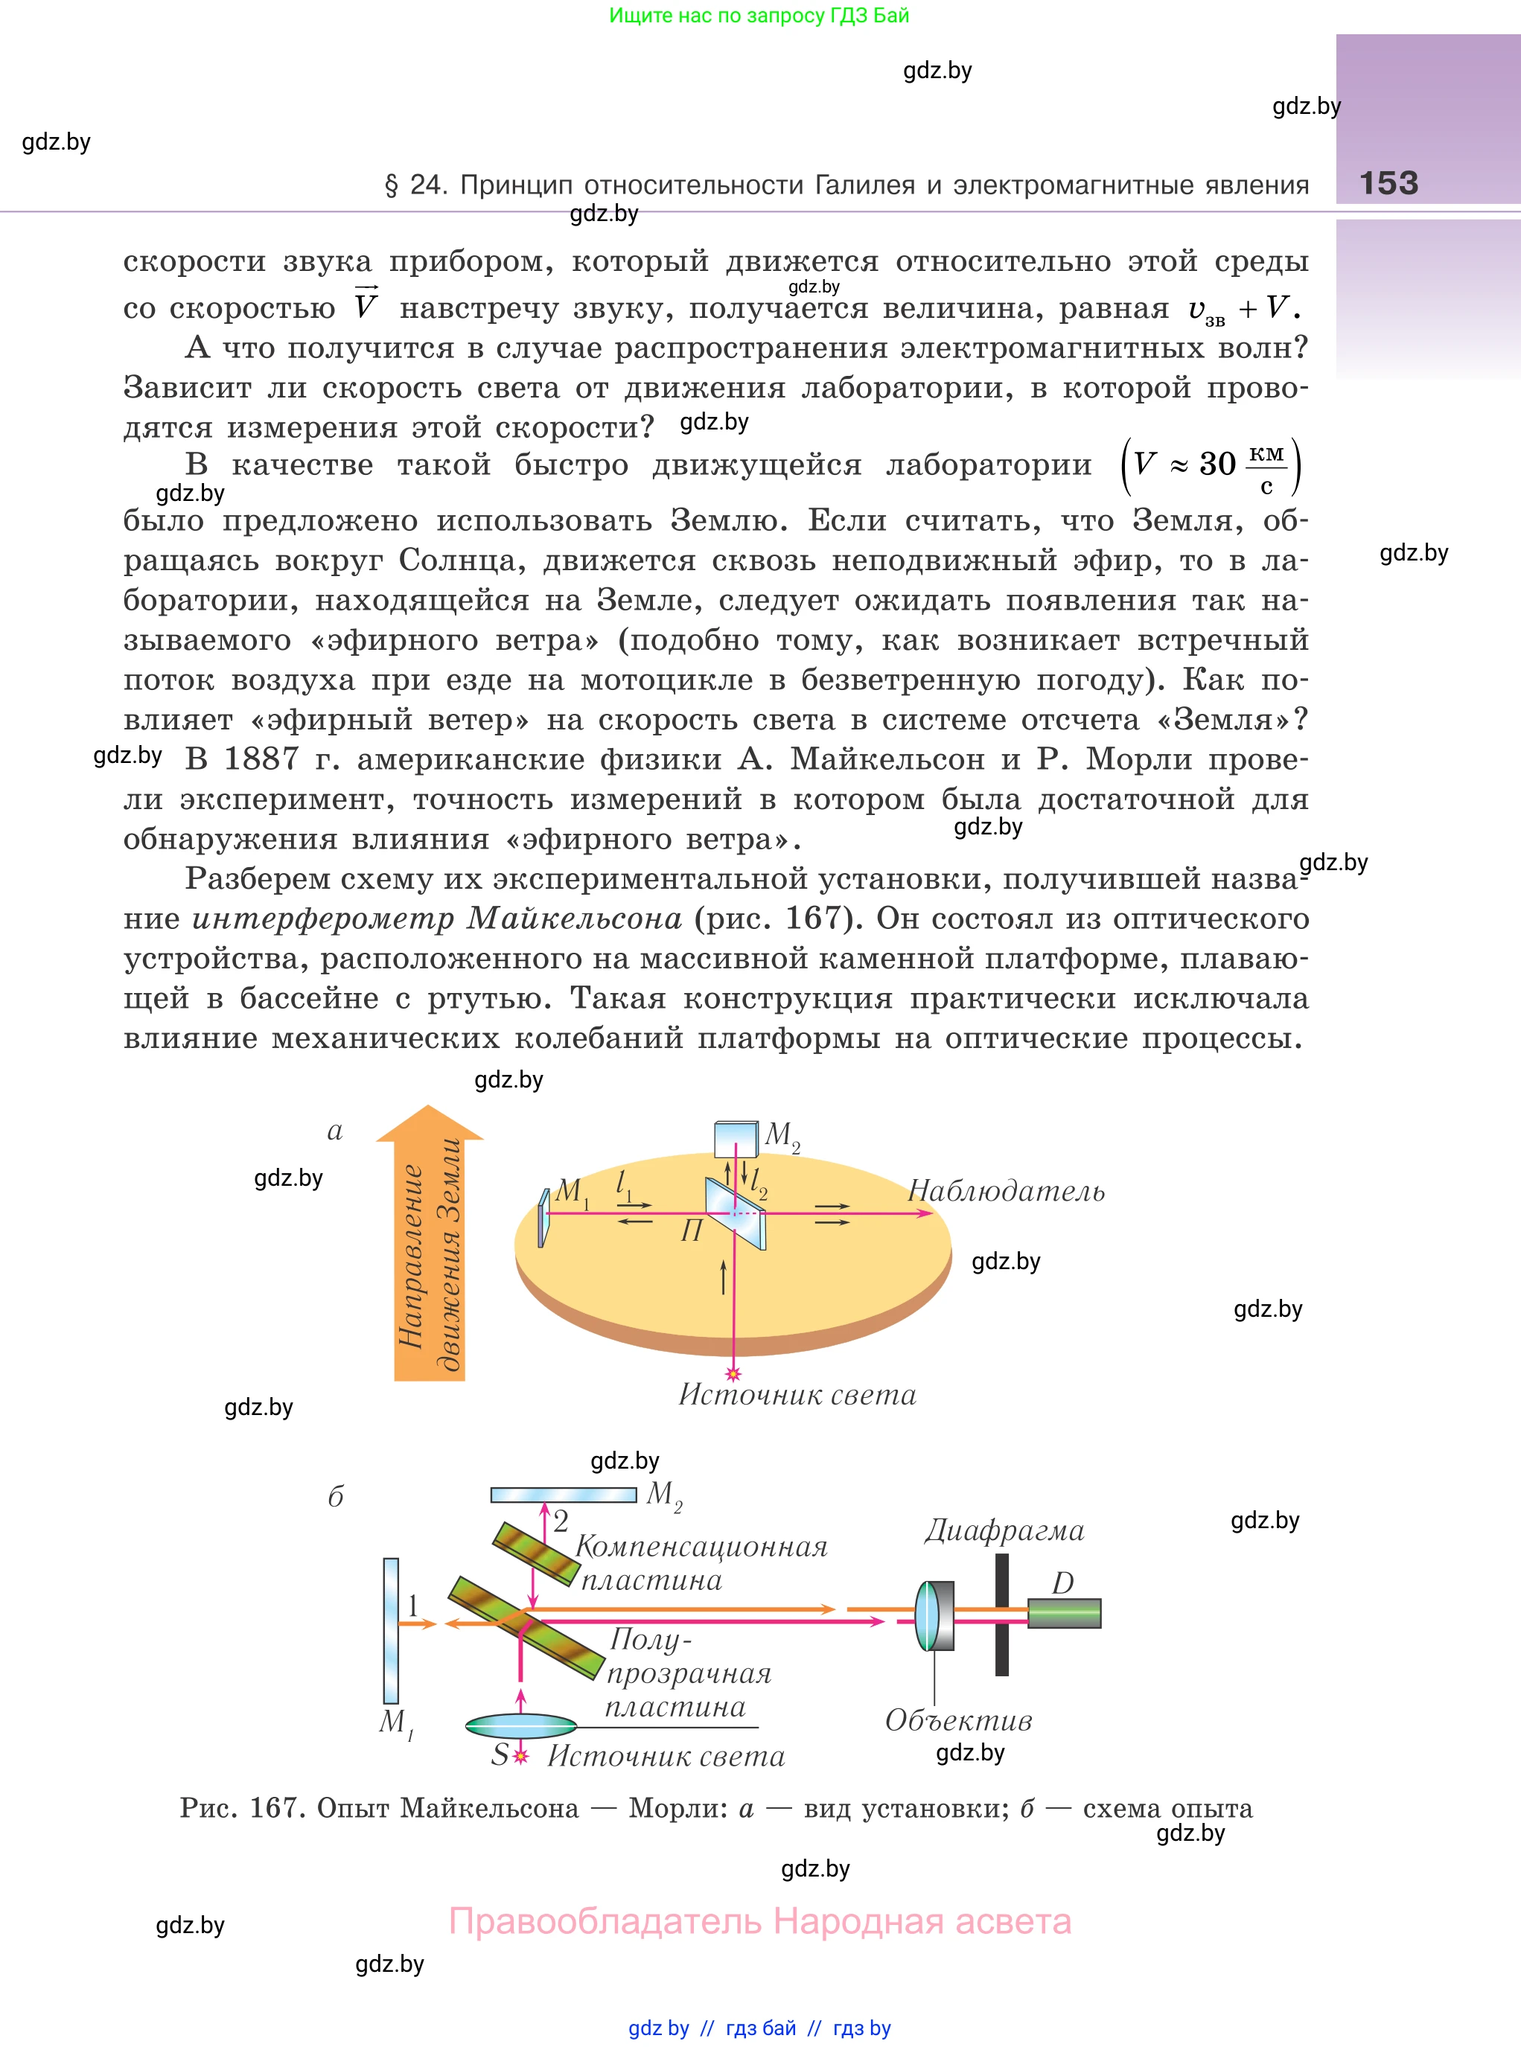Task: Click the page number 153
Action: [1388, 183]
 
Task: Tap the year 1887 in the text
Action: [261, 759]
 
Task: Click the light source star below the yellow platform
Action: [733, 1374]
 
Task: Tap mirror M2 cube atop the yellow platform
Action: [736, 1140]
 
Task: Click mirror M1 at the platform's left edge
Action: [544, 1217]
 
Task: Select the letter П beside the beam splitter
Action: [691, 1230]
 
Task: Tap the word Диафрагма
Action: [1004, 1530]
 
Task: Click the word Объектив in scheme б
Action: [958, 1720]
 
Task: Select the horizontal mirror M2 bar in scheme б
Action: [564, 1495]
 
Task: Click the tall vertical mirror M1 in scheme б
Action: [392, 1629]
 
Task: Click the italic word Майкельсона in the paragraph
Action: [575, 919]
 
